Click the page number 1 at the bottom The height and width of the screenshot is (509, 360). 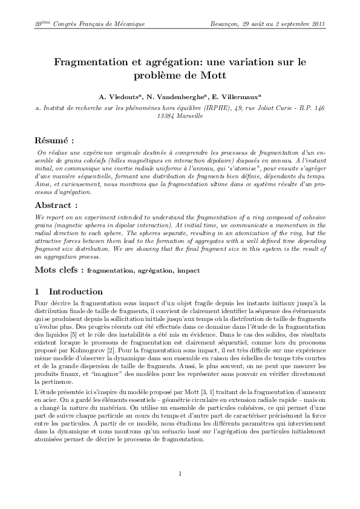(x=180, y=473)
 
